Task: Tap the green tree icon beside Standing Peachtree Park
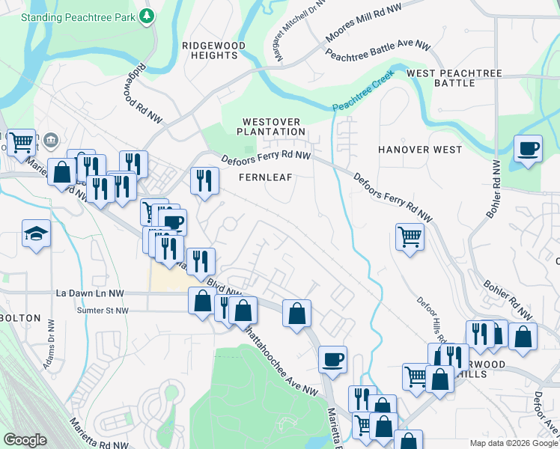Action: tap(148, 15)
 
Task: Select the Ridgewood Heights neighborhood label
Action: tap(214, 50)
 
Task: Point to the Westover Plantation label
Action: tap(271, 126)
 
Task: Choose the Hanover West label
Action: tap(420, 150)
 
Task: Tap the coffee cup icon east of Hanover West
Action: tap(529, 148)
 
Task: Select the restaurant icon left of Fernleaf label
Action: tap(204, 180)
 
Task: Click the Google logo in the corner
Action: tap(25, 440)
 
